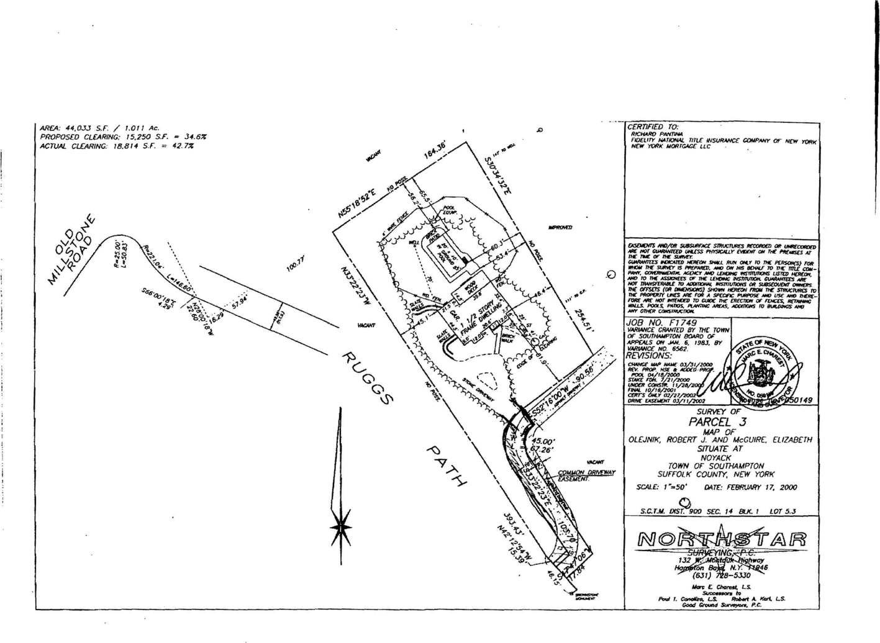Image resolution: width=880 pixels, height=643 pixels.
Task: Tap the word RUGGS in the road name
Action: [x=368, y=380]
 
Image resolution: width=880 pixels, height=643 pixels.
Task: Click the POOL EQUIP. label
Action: [x=449, y=211]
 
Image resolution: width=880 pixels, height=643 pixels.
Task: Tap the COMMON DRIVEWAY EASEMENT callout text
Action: [x=586, y=476]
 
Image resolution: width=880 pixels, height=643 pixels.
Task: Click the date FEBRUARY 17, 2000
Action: [x=750, y=488]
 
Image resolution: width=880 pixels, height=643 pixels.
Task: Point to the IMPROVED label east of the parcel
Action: [x=560, y=228]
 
